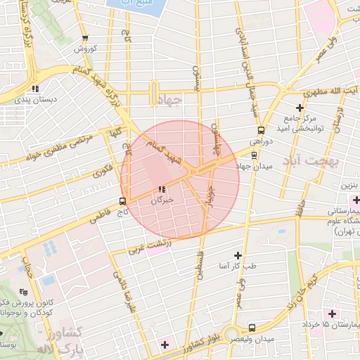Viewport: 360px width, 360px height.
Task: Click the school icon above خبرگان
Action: tap(162, 189)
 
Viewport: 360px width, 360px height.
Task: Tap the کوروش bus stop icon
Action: tap(85, 39)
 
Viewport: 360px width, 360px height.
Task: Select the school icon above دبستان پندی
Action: tap(34, 89)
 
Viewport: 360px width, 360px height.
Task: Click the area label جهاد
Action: tap(168, 101)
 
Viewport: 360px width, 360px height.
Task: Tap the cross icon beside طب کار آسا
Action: tap(237, 255)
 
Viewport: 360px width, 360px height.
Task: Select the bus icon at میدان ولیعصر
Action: tap(251, 328)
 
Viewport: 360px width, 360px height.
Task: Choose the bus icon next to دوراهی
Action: tap(262, 131)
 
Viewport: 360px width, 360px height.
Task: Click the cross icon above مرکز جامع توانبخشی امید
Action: tap(300, 108)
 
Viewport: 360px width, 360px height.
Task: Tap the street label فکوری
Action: tap(101, 170)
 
